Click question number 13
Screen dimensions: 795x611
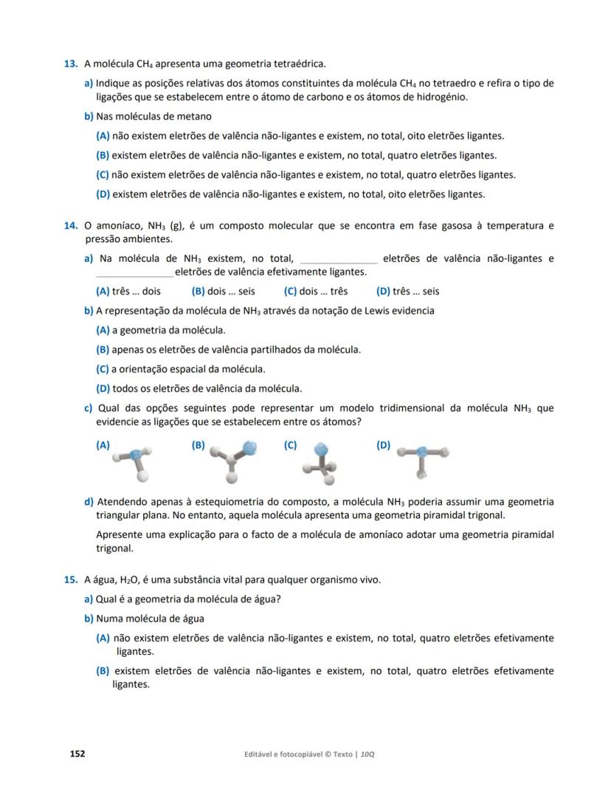tap(71, 64)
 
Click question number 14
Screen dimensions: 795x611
tap(71, 225)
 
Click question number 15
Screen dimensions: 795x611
tap(71, 579)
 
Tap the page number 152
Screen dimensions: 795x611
tap(77, 754)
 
